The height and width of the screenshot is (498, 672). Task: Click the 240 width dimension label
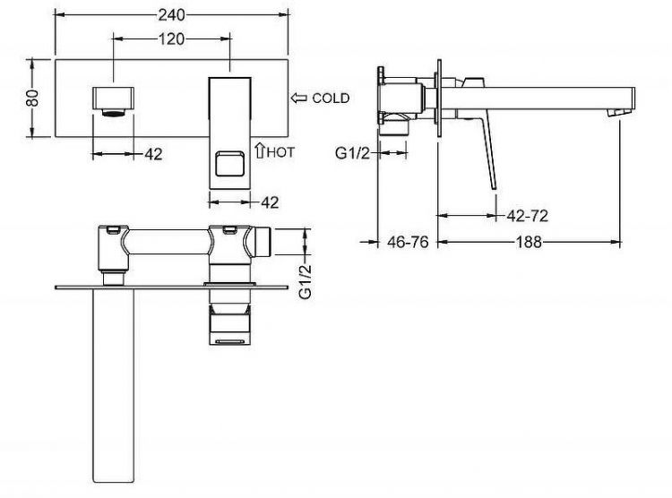[x=172, y=15]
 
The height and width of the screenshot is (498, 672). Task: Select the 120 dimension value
[x=172, y=39]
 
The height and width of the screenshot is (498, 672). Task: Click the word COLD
[x=331, y=98]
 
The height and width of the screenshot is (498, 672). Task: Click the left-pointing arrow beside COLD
[x=298, y=98]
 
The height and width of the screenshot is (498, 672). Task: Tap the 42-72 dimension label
[x=527, y=215]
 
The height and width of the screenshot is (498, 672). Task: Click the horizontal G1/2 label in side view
[x=352, y=154]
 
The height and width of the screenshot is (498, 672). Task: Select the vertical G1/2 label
[x=305, y=280]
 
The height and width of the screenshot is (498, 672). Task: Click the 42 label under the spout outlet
[x=153, y=154]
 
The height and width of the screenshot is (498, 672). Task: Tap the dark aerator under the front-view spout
[x=114, y=112]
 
